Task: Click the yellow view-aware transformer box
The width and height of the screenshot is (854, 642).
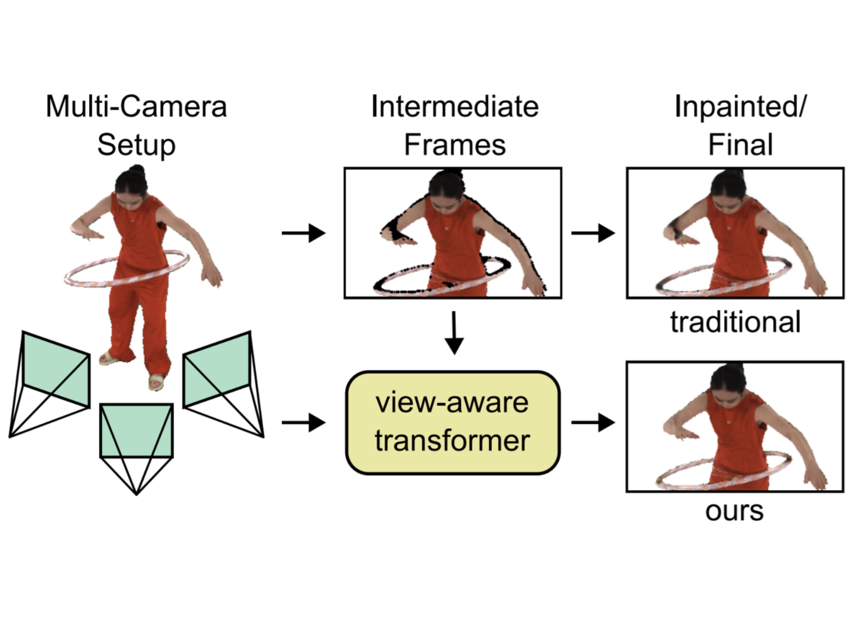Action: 453,422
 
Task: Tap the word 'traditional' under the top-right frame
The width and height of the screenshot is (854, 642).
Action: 735,322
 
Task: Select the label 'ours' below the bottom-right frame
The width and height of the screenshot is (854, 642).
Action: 734,511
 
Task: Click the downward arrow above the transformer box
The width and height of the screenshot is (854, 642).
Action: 453,332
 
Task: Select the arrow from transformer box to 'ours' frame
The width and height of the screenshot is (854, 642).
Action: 593,423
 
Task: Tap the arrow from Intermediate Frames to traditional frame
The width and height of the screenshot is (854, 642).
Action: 593,233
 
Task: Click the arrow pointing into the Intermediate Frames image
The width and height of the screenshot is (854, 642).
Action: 304,233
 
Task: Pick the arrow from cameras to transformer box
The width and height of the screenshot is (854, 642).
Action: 304,423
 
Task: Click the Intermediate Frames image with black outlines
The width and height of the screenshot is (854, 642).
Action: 453,232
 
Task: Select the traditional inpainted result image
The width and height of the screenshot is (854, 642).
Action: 735,232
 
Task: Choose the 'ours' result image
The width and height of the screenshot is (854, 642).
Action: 735,427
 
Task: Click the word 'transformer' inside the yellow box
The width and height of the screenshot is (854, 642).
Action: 453,441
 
